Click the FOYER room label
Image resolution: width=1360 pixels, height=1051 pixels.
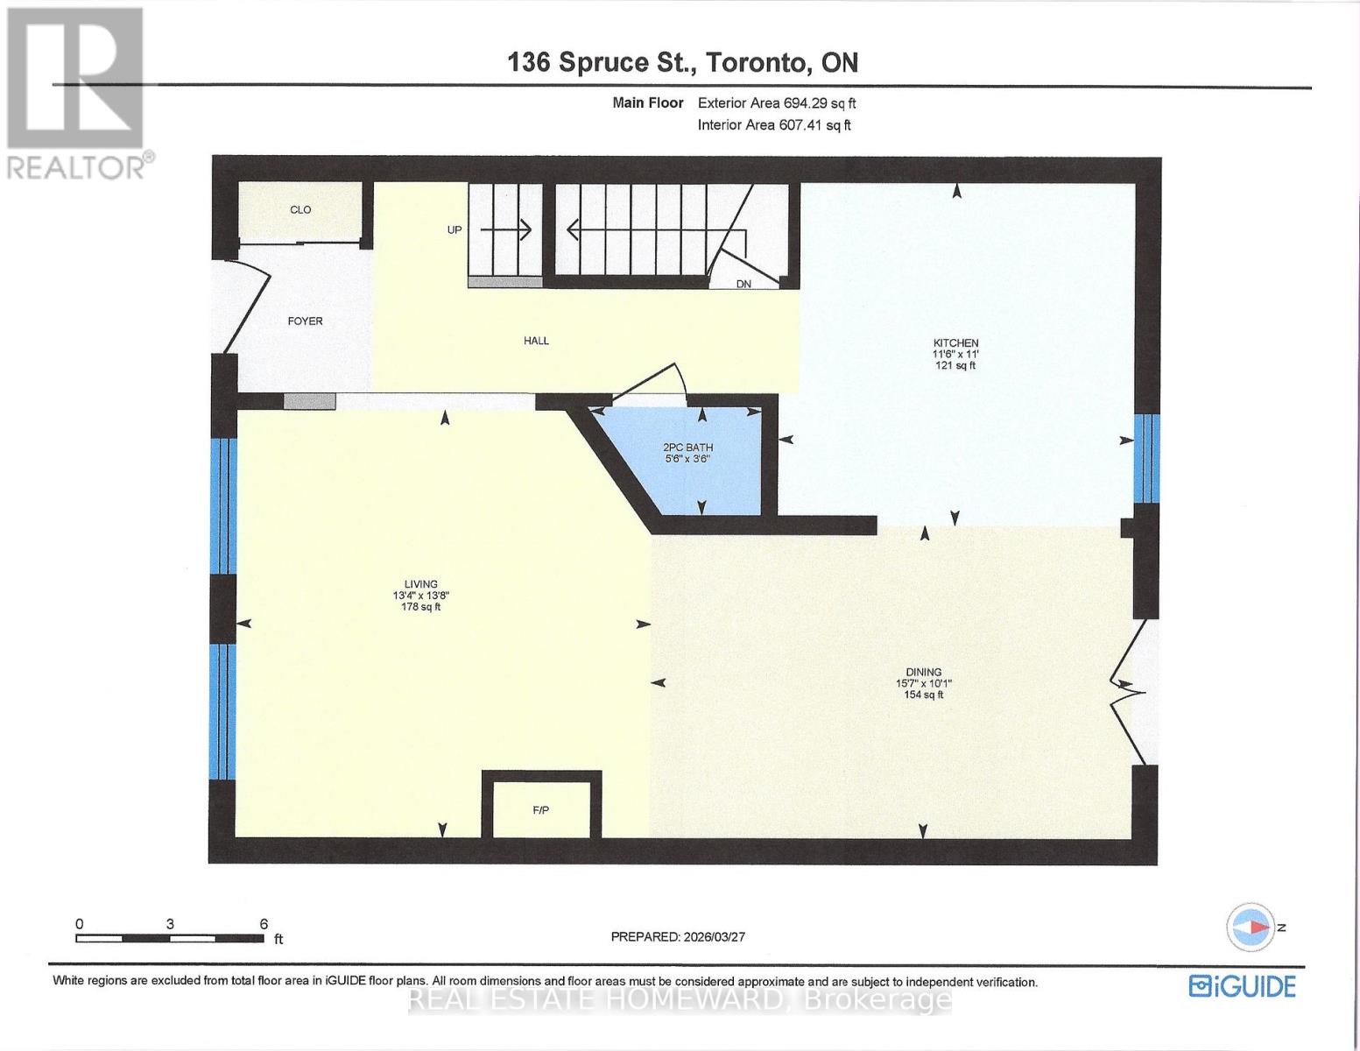click(305, 321)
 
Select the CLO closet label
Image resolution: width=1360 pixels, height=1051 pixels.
click(300, 210)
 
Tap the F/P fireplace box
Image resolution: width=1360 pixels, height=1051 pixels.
click(541, 809)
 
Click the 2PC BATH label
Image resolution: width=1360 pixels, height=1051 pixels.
click(687, 448)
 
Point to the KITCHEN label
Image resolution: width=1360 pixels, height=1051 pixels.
click(955, 343)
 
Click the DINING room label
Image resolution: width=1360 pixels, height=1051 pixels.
click(923, 673)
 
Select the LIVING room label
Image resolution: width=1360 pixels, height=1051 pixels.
click(420, 584)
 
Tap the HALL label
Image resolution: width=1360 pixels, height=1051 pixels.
click(536, 341)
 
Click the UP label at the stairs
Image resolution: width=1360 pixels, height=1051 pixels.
click(455, 230)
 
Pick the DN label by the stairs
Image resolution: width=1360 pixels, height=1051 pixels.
click(743, 284)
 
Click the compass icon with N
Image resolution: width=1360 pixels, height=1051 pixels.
click(1250, 927)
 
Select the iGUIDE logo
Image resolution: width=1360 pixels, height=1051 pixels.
click(1242, 986)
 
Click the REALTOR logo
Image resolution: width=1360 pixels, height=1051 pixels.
click(77, 92)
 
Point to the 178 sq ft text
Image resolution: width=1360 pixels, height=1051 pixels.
click(420, 607)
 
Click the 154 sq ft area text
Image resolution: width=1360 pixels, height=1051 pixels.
click(923, 695)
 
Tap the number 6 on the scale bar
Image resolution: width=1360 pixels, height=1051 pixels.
click(263, 923)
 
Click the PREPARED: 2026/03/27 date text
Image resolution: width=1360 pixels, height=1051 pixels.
click(678, 936)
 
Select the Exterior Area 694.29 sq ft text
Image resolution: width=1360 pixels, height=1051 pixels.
click(776, 103)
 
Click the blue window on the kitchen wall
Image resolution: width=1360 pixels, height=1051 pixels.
click(1146, 458)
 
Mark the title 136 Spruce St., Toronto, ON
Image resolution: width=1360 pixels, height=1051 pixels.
click(683, 62)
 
